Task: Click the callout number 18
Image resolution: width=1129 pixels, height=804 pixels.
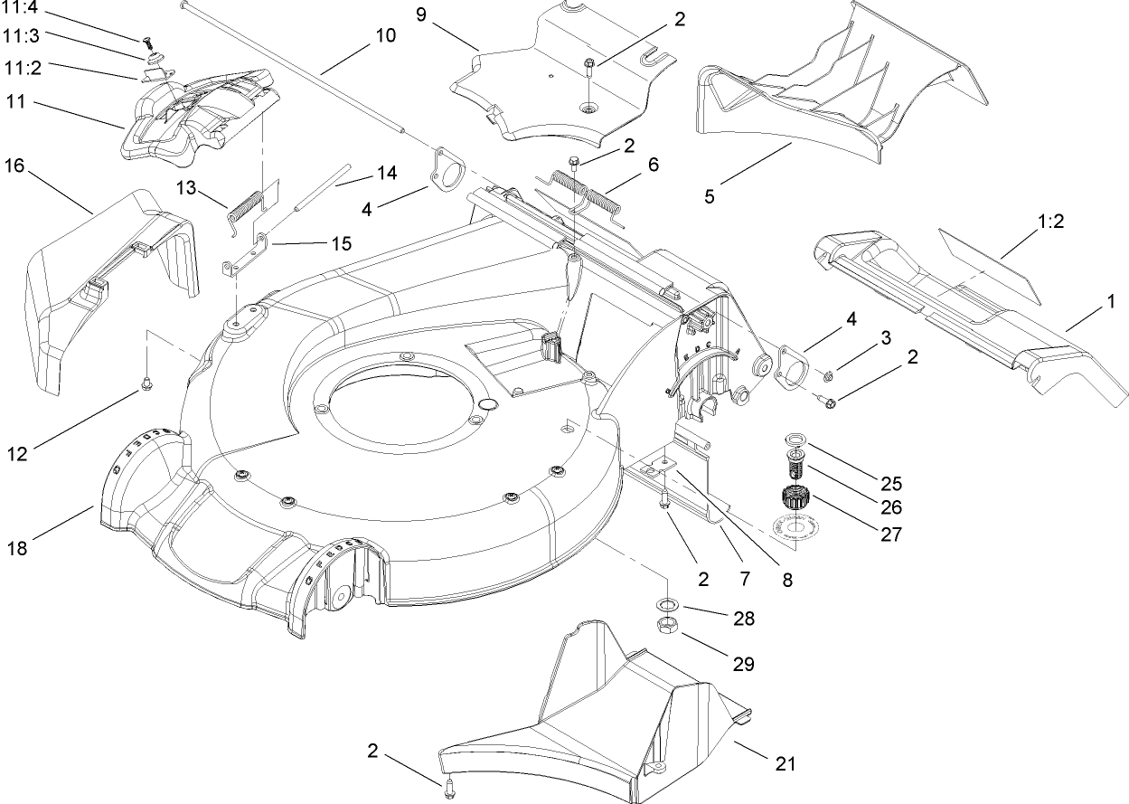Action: click(x=19, y=548)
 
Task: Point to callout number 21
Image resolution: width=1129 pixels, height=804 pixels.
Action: click(x=786, y=763)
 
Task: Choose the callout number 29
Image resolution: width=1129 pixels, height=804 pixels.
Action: click(x=743, y=664)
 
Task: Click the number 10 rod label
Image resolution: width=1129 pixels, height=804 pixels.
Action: click(x=384, y=35)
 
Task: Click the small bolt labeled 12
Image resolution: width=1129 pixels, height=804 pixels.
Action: click(x=145, y=387)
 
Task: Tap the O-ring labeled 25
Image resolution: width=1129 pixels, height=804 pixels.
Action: click(x=795, y=440)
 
